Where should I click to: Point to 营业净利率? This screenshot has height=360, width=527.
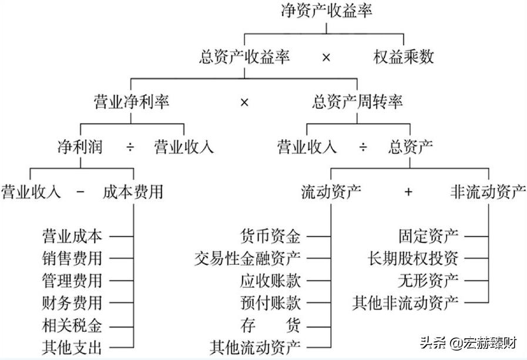[132, 102]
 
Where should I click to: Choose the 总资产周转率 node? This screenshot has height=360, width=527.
[357, 102]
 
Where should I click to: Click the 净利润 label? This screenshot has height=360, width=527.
[79, 147]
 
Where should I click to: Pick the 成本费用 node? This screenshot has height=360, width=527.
[133, 192]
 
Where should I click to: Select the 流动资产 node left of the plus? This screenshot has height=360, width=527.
[331, 192]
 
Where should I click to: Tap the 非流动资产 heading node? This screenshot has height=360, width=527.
[488, 192]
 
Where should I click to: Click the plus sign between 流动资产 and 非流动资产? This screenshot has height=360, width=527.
[409, 193]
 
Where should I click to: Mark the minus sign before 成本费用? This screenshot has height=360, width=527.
[81, 192]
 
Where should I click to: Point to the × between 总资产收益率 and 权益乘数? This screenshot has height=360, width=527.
[327, 58]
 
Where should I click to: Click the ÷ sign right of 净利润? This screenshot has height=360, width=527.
[130, 147]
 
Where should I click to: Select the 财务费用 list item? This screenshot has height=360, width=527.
[72, 303]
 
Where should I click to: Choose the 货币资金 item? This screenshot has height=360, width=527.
[270, 237]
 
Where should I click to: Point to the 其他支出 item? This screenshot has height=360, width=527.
[72, 346]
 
